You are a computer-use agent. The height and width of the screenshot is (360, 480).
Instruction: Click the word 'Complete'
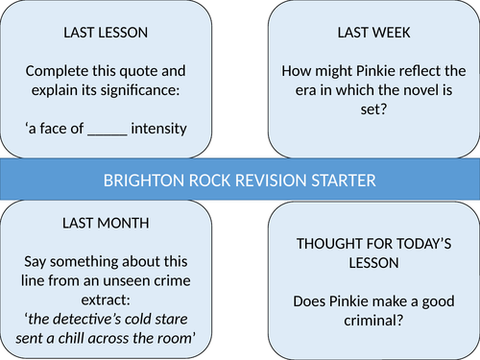[57, 72]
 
